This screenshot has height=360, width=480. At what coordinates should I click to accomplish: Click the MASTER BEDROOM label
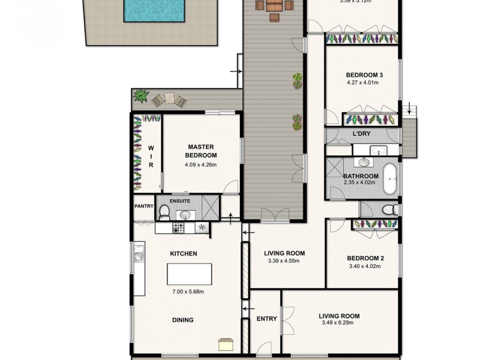coord(202,151)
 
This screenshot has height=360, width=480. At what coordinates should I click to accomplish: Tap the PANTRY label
coord(145,206)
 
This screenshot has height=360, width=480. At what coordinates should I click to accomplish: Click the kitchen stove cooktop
coord(179,228)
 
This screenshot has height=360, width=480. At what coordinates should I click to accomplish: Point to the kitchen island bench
coord(189,275)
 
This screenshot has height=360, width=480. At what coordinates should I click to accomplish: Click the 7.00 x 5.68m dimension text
coord(187,292)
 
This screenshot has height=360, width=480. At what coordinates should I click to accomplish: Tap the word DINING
coord(182,320)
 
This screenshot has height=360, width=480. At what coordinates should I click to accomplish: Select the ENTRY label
coord(266,319)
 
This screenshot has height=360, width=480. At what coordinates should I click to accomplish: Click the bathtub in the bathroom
coord(391,178)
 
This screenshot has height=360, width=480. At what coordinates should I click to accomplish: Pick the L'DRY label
coord(361,133)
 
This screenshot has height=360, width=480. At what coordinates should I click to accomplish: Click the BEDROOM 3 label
coord(364,75)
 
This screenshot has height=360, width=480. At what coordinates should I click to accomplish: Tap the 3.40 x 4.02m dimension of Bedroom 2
coord(365,266)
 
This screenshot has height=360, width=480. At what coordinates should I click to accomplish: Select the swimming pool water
coord(153,11)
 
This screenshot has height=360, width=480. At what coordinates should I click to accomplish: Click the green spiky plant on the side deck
coord(141,95)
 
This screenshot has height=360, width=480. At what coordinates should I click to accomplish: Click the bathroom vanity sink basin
coord(364,162)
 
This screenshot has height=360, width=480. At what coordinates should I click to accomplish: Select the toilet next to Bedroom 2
coord(389,209)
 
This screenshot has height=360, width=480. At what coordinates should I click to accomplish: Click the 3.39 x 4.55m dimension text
coord(285,261)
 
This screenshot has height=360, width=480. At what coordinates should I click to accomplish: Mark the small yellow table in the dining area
coord(226,344)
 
